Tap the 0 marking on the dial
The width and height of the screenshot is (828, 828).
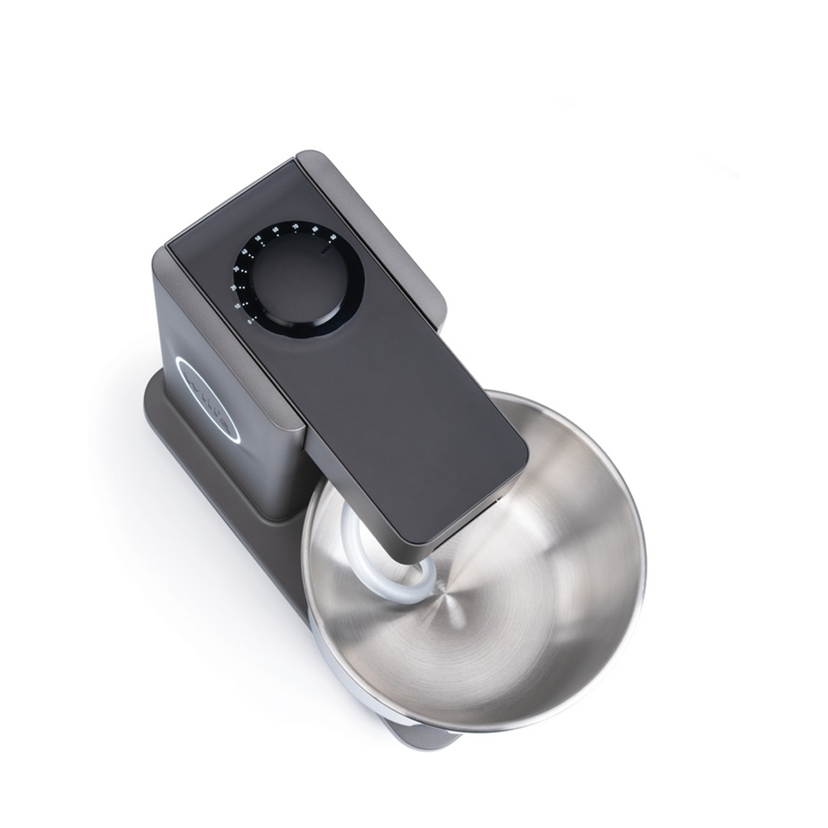click(250, 320)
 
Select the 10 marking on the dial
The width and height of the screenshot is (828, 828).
click(238, 306)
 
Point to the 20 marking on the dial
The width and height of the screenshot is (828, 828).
click(233, 287)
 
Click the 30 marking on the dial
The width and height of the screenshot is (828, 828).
click(236, 268)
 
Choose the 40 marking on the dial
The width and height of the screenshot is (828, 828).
click(245, 251)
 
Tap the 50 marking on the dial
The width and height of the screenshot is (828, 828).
click(258, 238)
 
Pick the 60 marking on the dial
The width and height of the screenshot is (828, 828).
click(276, 229)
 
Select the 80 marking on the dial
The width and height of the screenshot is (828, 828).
click(315, 229)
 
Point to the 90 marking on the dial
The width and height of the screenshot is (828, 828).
click(332, 237)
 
